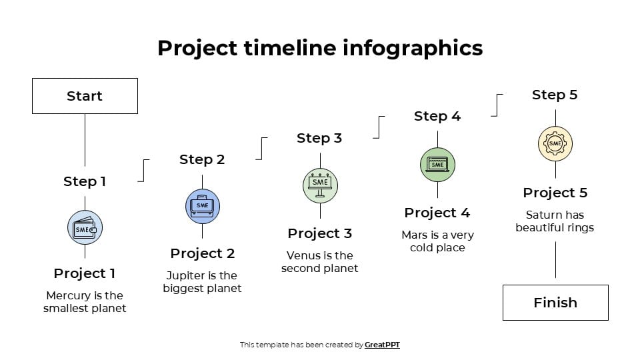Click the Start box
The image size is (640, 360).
click(x=85, y=96)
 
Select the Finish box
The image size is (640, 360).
click(x=555, y=303)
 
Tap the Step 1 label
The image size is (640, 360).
click(x=85, y=181)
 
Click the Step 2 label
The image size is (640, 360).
click(x=202, y=159)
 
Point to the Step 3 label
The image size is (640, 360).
click(x=319, y=138)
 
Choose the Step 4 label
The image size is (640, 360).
click(x=437, y=116)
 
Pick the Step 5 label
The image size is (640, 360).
click(x=555, y=95)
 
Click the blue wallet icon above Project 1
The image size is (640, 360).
click(x=85, y=228)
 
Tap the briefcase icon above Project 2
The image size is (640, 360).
click(x=202, y=206)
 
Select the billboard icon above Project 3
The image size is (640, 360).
click(x=320, y=185)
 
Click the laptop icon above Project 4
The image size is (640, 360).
click(x=437, y=164)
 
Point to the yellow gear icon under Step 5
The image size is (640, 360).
click(x=555, y=143)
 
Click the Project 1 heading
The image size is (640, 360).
click(x=85, y=273)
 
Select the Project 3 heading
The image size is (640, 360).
click(x=319, y=233)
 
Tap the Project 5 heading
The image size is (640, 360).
click(x=555, y=193)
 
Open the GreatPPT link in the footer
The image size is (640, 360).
click(x=382, y=345)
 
